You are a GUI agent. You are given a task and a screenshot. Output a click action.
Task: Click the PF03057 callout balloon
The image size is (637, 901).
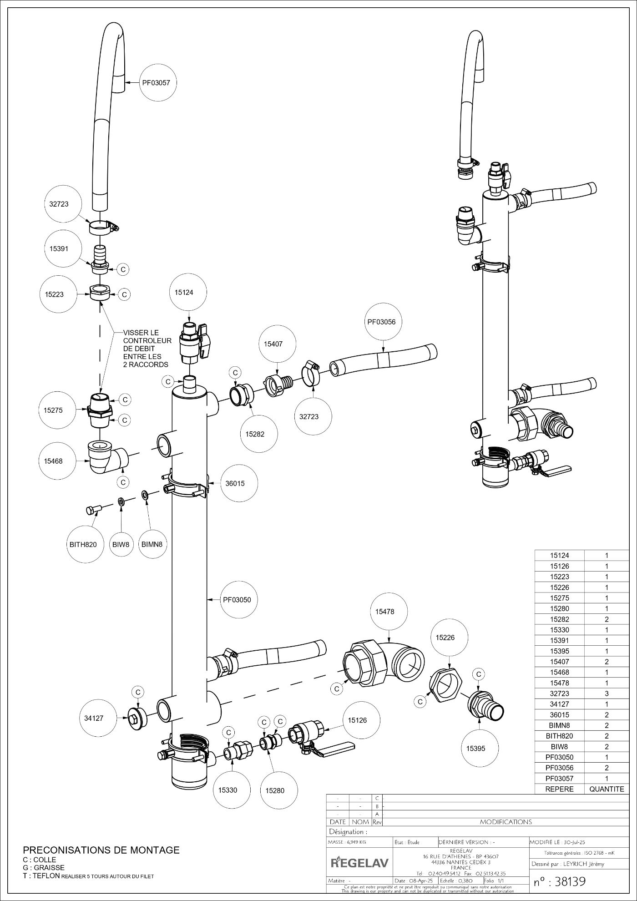[x=157, y=83]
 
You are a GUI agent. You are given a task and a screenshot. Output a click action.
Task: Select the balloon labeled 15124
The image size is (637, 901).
[x=184, y=292]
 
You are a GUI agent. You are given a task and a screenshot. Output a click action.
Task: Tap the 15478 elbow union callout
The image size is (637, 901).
[x=384, y=612]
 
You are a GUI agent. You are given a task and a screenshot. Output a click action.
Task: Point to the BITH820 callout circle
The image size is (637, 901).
[x=83, y=544]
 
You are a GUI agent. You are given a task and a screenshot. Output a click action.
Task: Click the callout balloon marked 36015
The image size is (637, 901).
[x=235, y=483]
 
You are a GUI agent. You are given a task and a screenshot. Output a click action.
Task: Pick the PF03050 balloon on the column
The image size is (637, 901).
[x=237, y=599]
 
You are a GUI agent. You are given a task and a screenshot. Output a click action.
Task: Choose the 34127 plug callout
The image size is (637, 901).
[x=94, y=718]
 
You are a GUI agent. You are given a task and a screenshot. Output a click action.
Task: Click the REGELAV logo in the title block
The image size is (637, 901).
[x=359, y=861]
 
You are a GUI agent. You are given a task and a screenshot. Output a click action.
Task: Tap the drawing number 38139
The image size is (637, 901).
[x=560, y=881]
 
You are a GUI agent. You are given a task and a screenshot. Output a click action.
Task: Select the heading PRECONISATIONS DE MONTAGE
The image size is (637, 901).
[x=101, y=850]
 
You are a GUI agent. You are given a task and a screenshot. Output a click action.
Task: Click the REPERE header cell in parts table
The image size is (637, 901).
[x=559, y=789]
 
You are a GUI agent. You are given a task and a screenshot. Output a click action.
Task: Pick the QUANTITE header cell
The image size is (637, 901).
[x=607, y=789]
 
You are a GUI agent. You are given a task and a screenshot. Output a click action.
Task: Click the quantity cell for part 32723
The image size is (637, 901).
[x=607, y=693]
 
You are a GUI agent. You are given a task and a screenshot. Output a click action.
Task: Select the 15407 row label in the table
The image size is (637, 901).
[x=559, y=662]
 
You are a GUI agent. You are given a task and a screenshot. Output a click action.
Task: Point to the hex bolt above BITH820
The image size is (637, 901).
[x=92, y=510]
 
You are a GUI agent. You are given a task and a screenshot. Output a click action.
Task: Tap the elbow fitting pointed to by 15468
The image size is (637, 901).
[x=104, y=457]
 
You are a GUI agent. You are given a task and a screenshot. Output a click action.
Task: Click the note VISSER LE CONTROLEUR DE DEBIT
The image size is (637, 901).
[x=147, y=349]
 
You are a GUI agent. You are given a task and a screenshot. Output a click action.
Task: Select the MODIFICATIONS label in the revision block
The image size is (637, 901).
[x=506, y=822]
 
